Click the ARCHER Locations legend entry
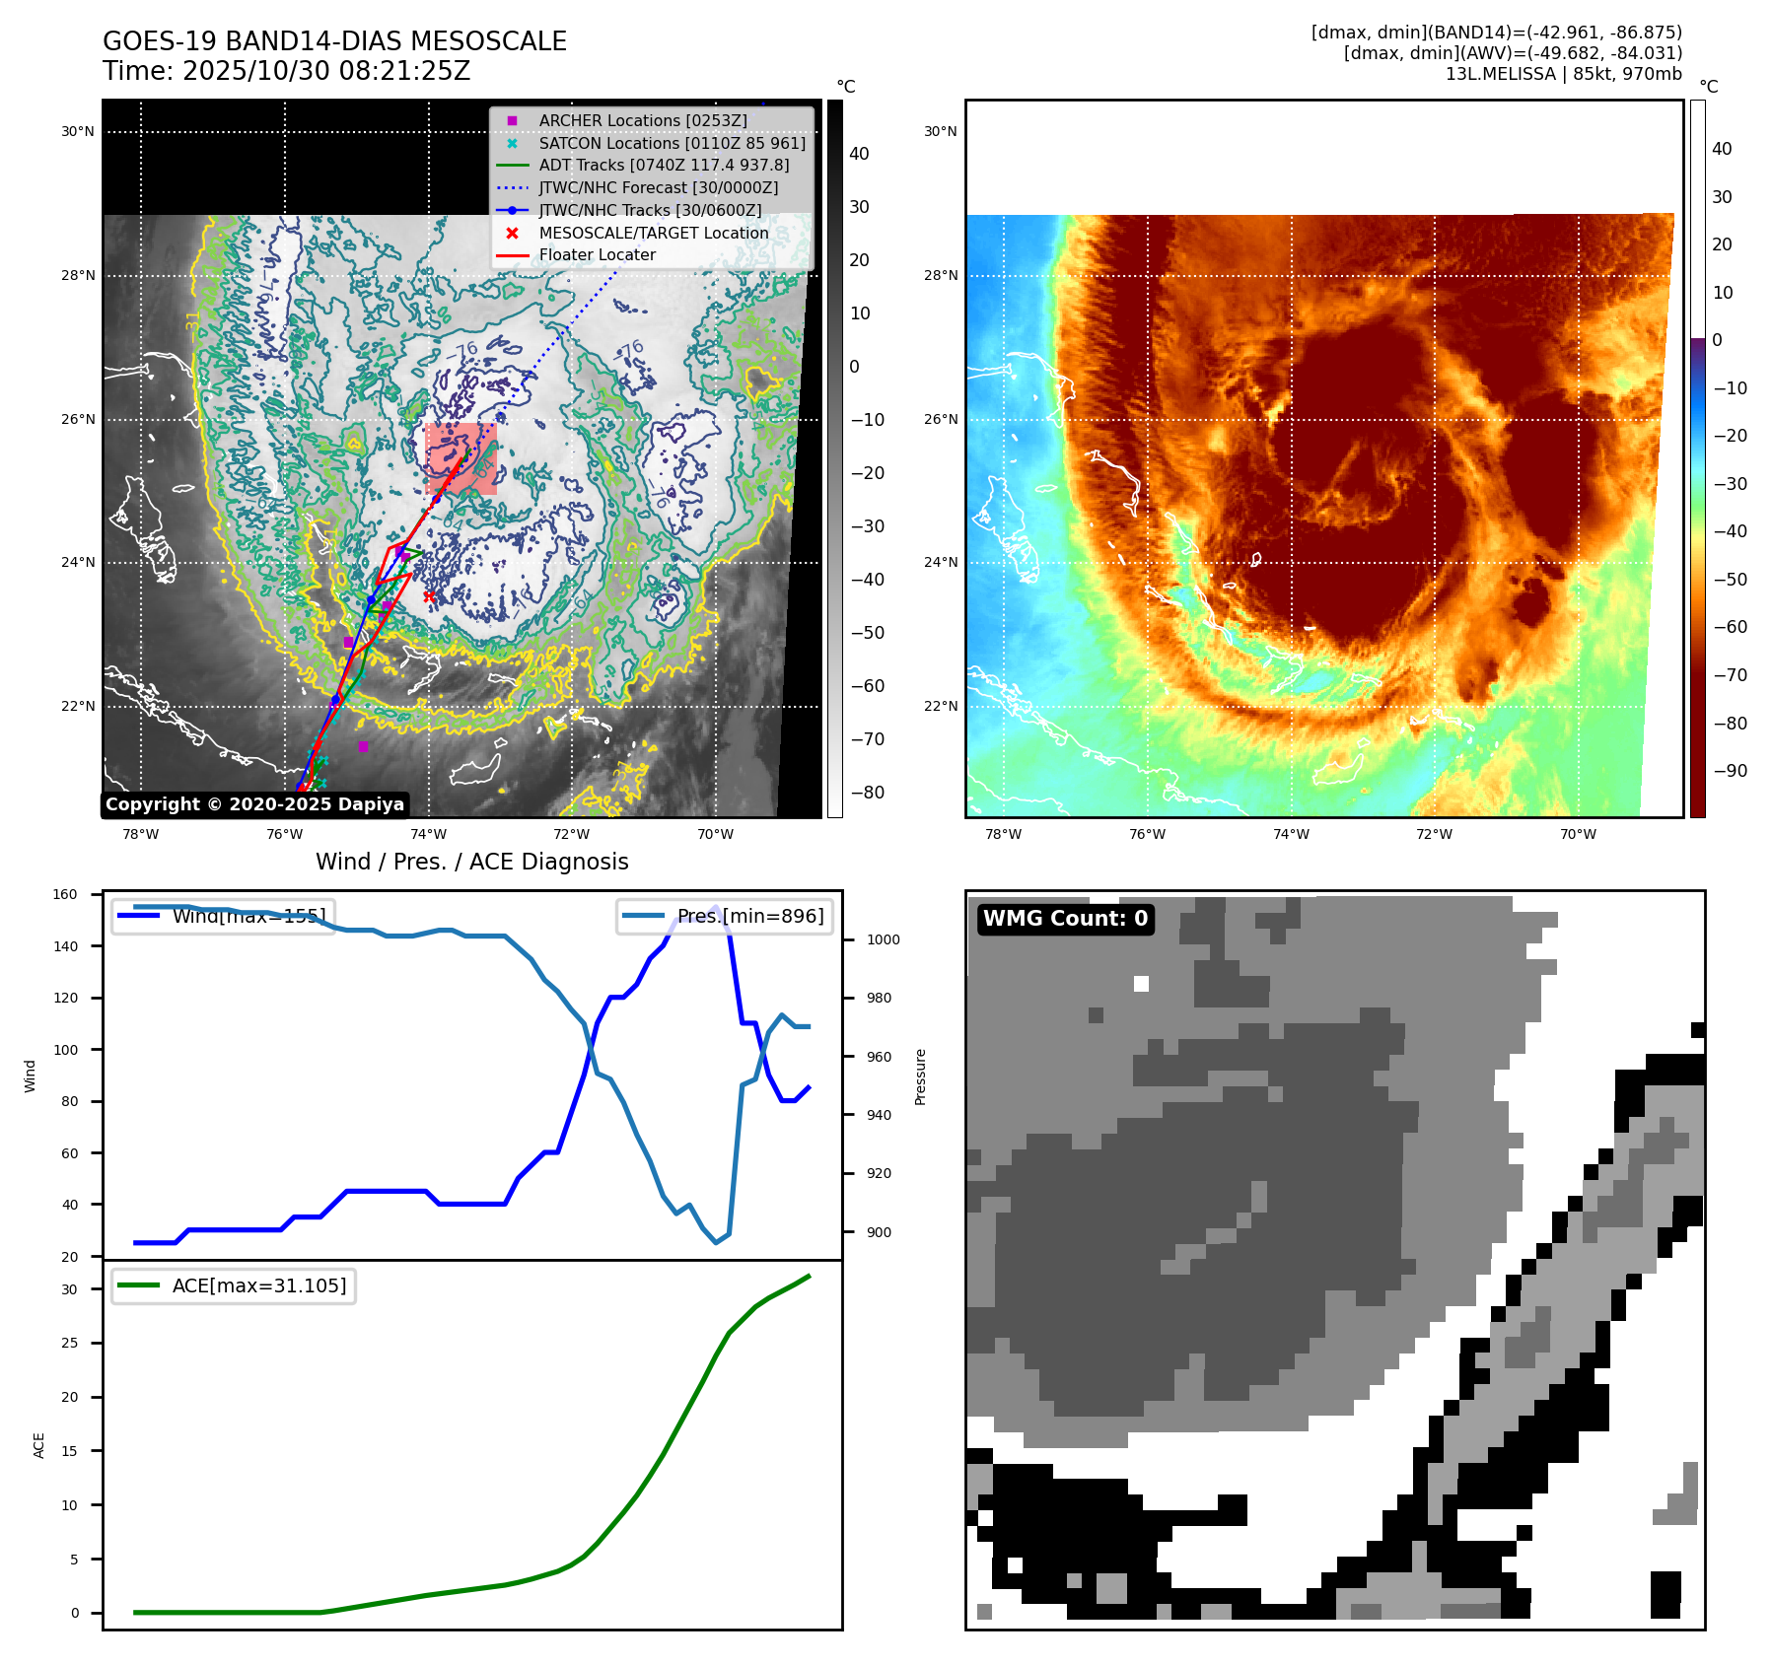(642, 120)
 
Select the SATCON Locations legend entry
(672, 143)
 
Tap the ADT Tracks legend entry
(664, 165)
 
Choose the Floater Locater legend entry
(597, 254)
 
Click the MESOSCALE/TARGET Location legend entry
(653, 233)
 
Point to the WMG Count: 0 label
(1065, 919)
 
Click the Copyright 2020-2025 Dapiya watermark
(254, 804)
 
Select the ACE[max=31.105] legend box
(234, 1285)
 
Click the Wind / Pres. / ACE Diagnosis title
(471, 862)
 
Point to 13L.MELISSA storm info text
(1563, 74)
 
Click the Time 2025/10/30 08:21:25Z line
(286, 71)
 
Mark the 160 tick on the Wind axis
(65, 895)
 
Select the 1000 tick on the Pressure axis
(883, 939)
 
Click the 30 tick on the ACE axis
(69, 1289)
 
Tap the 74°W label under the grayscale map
(428, 834)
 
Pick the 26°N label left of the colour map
(940, 419)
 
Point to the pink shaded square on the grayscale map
(461, 458)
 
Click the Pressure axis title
(920, 1076)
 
